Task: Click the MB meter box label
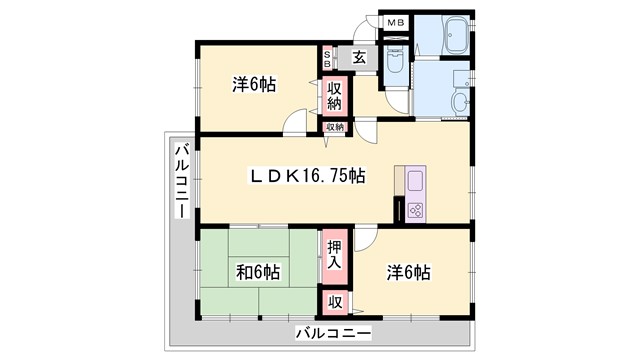pyautogui.click(x=397, y=22)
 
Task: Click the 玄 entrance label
pyautogui.click(x=359, y=58)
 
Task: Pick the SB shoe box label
pyautogui.click(x=328, y=57)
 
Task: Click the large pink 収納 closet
pyautogui.click(x=335, y=96)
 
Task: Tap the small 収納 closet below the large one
pyautogui.click(x=334, y=127)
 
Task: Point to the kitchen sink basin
pyautogui.click(x=415, y=183)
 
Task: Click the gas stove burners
pyautogui.click(x=414, y=211)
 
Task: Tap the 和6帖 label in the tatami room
pyautogui.click(x=258, y=271)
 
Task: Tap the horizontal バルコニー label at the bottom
pyautogui.click(x=334, y=332)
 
